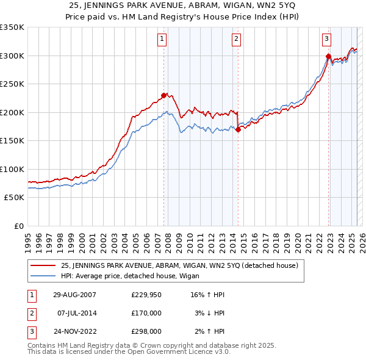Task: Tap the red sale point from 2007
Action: (163, 95)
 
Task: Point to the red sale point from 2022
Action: (328, 57)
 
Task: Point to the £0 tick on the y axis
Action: (18, 226)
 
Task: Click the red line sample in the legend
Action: (43, 265)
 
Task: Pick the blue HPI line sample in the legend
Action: (43, 276)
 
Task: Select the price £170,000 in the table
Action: (147, 313)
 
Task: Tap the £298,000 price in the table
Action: (147, 332)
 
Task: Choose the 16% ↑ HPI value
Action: (208, 295)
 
